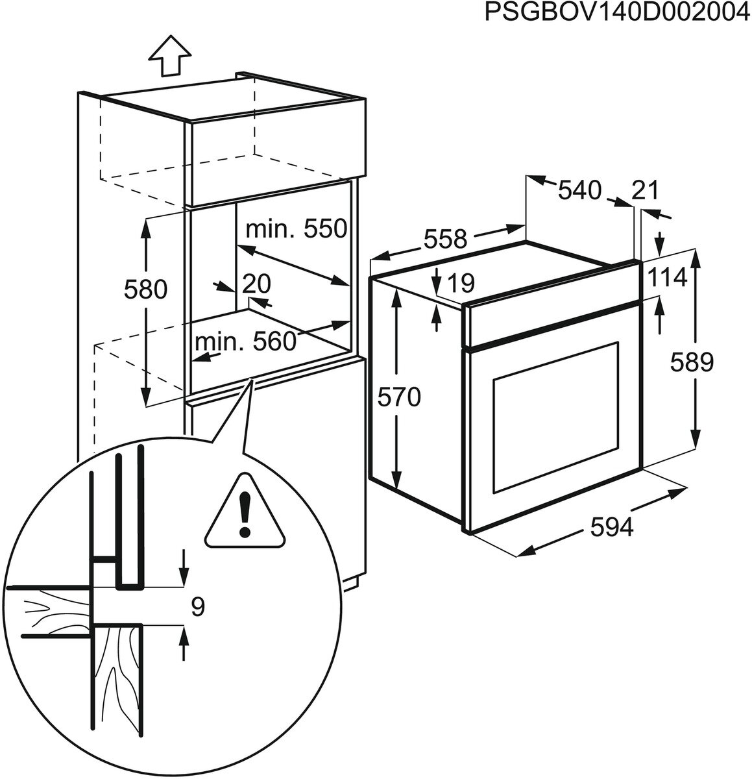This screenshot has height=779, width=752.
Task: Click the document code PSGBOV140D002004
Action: point(616,14)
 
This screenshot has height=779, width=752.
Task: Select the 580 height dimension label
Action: point(145,289)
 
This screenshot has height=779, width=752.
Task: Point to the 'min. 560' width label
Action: point(245,341)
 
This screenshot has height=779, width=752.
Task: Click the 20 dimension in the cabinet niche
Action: point(256,284)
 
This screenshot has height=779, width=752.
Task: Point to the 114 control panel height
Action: point(666,278)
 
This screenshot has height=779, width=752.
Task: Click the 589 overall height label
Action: point(692,362)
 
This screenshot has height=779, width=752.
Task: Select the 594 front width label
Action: point(612,529)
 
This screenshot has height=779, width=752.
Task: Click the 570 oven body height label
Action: point(400,396)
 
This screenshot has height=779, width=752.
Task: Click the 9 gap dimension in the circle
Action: point(199,606)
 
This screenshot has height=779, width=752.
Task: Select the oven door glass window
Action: point(555,415)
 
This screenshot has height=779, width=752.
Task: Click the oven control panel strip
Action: point(552,318)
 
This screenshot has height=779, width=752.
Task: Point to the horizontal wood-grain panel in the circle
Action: point(49,607)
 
